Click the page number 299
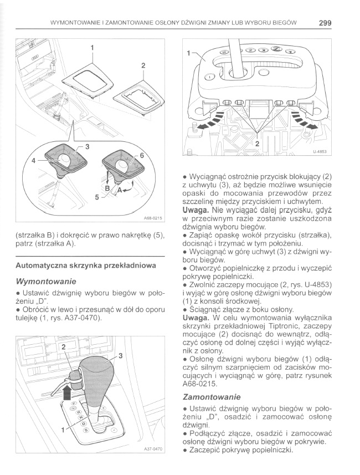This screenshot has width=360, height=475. click(x=325, y=23)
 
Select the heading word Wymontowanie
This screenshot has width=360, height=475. click(x=46, y=281)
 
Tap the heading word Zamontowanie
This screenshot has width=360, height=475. click(x=212, y=397)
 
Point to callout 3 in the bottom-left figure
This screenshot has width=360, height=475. click(x=120, y=355)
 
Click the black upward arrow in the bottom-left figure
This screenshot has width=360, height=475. click(x=68, y=393)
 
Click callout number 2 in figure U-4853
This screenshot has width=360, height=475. click(x=257, y=143)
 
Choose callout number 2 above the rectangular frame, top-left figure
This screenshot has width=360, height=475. click(x=143, y=65)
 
